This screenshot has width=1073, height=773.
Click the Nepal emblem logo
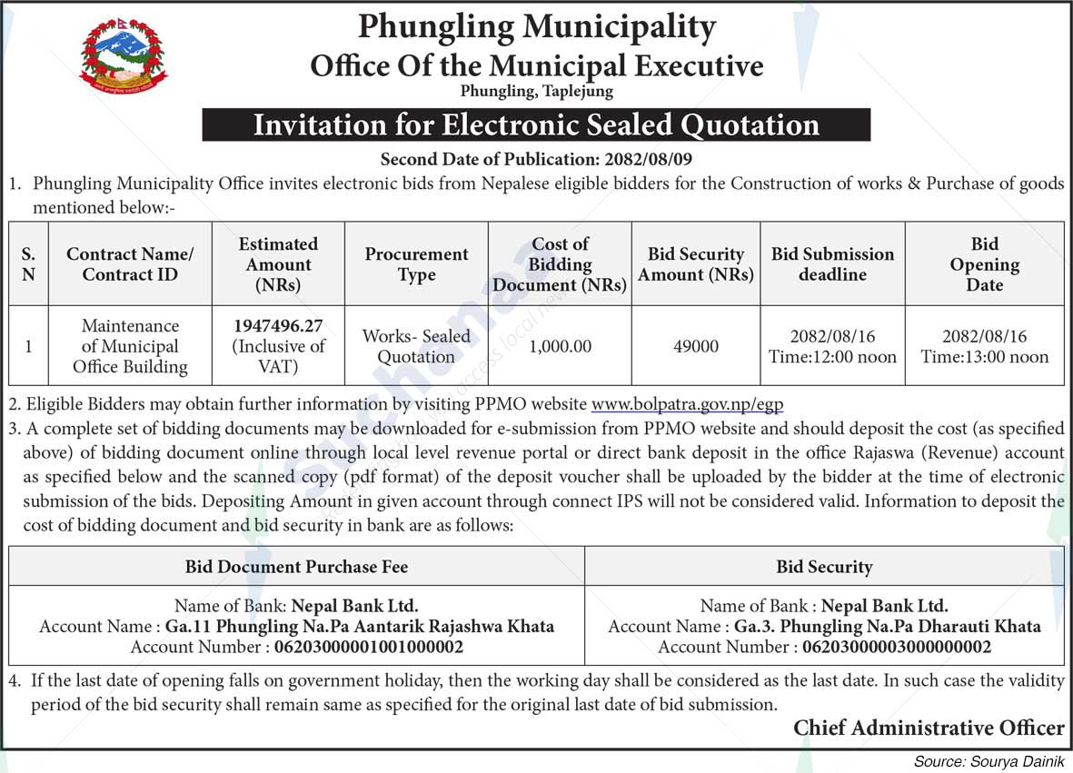point(123,56)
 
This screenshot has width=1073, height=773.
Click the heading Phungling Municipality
point(536,27)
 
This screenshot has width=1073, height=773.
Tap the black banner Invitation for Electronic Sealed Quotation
point(536,124)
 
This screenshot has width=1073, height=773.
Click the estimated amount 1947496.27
point(278,325)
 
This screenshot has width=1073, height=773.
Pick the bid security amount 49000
point(696,346)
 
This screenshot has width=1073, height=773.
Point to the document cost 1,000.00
point(560,346)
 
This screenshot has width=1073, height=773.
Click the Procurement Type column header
point(416,264)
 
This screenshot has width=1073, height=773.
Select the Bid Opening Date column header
point(984,264)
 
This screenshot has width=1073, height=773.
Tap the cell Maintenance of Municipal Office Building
point(130,346)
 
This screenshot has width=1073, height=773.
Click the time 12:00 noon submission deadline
point(832,357)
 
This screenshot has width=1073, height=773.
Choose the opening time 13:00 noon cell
point(984,357)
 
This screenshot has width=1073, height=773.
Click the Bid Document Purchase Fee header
point(296,567)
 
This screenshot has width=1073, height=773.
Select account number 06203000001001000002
point(368,647)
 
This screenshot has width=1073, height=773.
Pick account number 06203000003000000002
point(896,647)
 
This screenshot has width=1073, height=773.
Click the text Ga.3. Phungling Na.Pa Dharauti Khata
point(887,626)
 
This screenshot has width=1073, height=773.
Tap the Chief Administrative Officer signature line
point(928,728)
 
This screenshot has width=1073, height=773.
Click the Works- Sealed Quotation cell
point(416,346)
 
